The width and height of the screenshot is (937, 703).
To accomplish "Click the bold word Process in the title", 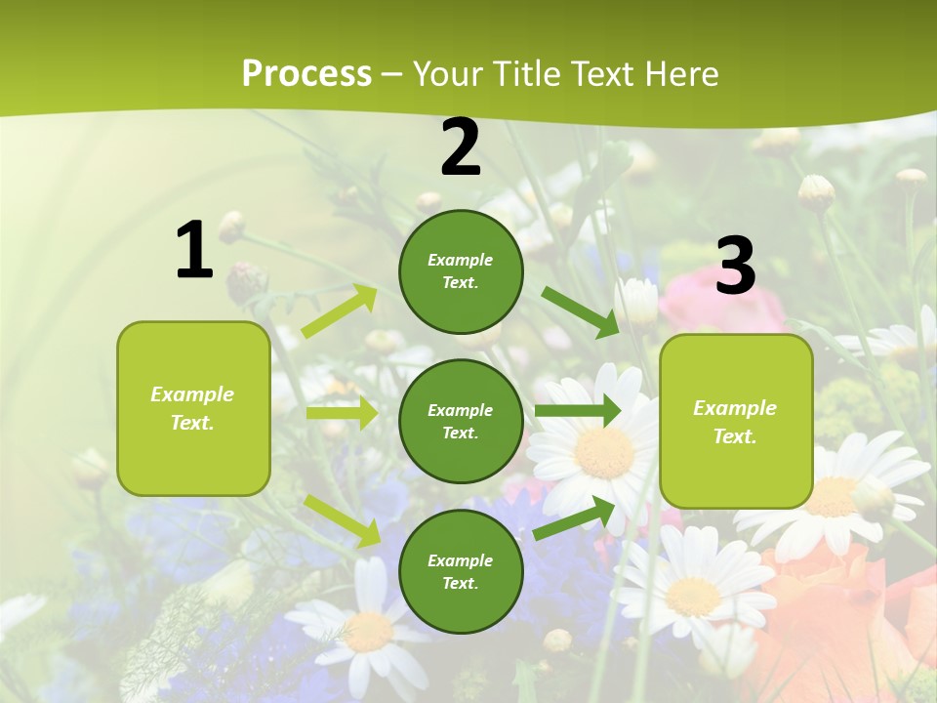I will [x=306, y=73].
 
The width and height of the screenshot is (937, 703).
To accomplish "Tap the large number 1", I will [x=194, y=251].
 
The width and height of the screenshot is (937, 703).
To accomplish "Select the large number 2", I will [x=461, y=147].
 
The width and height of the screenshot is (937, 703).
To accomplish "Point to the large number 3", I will [x=735, y=266].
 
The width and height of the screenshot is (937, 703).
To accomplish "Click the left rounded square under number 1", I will [x=193, y=408].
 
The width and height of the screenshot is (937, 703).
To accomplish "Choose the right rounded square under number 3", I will [x=736, y=422].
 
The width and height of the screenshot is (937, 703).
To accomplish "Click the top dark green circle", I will [x=461, y=271].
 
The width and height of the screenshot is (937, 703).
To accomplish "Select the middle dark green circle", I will [x=461, y=421].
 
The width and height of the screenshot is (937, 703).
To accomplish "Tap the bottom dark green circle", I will [x=461, y=571].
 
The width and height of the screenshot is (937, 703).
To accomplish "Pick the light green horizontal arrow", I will [x=342, y=413].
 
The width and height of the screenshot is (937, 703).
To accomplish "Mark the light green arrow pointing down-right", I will [x=343, y=519].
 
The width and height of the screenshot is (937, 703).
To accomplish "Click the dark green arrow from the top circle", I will [x=581, y=311].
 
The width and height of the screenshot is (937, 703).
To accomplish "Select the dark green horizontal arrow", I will [x=578, y=410].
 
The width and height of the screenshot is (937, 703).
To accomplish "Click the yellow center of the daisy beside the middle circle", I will [x=604, y=453].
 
